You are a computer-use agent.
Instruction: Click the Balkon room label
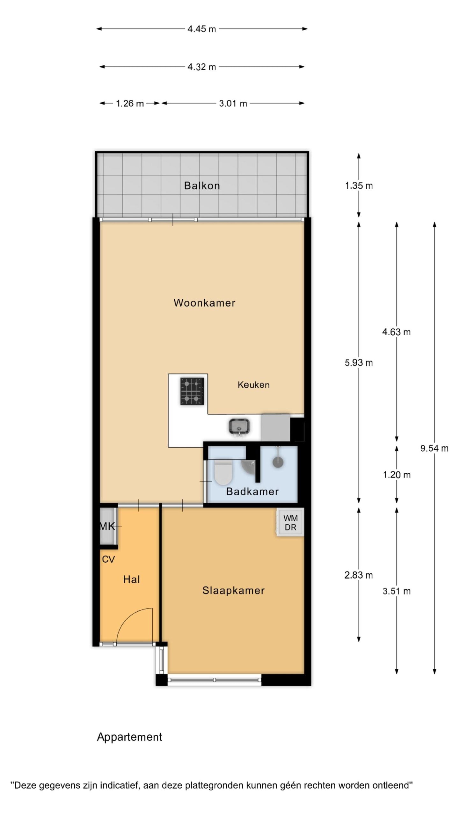202,186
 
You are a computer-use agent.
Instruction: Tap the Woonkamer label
204,302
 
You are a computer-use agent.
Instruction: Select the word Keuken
253,385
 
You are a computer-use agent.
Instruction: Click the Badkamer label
252,491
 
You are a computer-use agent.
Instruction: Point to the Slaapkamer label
234,590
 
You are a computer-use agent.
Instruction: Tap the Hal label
132,579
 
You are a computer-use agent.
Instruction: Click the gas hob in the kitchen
192,391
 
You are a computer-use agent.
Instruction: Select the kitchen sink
239,427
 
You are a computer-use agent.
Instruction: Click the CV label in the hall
108,559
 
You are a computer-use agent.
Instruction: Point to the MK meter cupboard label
107,526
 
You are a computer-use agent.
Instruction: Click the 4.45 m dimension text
202,29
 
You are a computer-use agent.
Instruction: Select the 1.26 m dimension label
130,103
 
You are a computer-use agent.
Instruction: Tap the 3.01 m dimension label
233,103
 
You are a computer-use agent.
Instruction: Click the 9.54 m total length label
434,448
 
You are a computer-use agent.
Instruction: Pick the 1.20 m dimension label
397,475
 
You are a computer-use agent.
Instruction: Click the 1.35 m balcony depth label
359,186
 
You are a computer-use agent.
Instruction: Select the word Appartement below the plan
129,737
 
